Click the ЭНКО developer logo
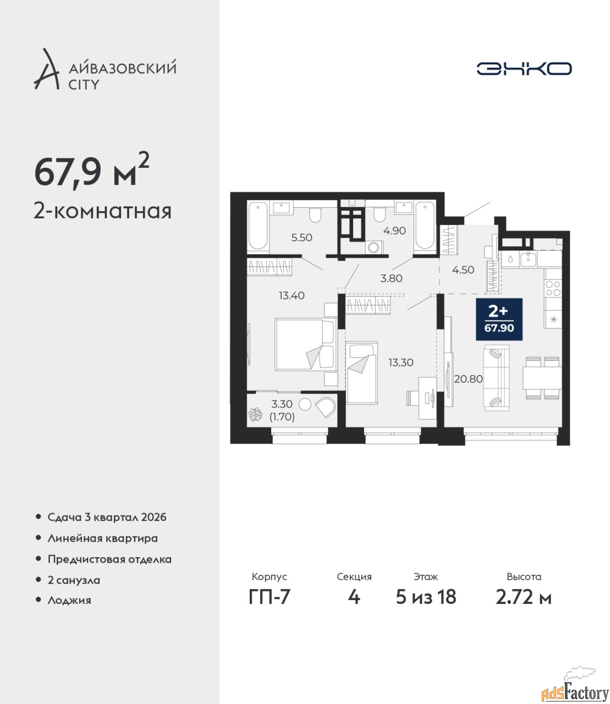(524, 68)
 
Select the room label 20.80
(468, 379)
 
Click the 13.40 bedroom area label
(292, 295)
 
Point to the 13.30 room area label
(401, 362)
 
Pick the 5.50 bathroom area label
(301, 238)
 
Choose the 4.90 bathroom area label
(394, 230)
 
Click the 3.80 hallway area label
(391, 278)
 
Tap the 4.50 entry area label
(463, 269)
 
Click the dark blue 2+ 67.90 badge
(499, 319)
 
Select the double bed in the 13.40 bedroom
(306, 344)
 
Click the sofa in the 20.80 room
(497, 378)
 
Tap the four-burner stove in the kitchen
(553, 288)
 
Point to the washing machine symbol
(374, 248)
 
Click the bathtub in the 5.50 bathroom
(258, 226)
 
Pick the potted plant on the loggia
(255, 414)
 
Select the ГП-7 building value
(270, 597)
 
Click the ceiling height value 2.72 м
(524, 597)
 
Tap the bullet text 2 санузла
(74, 580)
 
